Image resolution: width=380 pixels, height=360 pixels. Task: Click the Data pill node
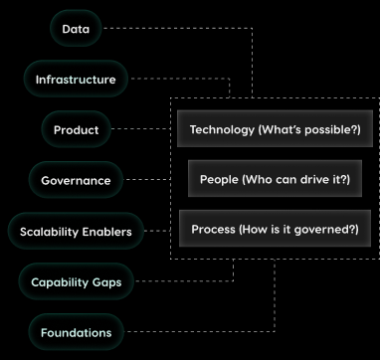pyautogui.click(x=76, y=29)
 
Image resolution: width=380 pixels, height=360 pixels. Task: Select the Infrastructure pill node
pyautogui.click(x=76, y=79)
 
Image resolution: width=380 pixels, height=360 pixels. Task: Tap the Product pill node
pyautogui.click(x=76, y=129)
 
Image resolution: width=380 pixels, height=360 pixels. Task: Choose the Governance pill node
pyautogui.click(x=76, y=181)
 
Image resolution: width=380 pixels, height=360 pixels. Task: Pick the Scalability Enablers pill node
pyautogui.click(x=76, y=232)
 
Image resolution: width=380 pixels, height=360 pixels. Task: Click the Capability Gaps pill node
pyautogui.click(x=76, y=281)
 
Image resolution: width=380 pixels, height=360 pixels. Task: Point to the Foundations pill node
pyautogui.click(x=76, y=331)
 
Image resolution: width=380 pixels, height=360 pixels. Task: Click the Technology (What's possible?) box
pyautogui.click(x=268, y=130)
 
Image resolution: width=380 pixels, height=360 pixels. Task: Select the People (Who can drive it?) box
pyautogui.click(x=268, y=180)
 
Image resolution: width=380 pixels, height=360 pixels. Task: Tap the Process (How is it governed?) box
pyautogui.click(x=268, y=230)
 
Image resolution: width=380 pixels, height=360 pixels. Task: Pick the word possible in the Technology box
pyautogui.click(x=318, y=130)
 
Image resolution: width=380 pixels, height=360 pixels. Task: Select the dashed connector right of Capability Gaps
pyautogui.click(x=179, y=281)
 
